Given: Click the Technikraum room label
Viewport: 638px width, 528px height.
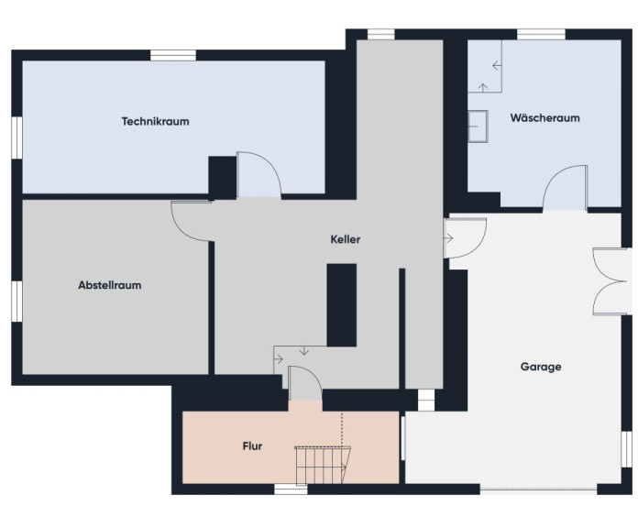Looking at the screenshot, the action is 156,121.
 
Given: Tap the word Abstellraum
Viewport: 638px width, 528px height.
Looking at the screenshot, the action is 110,285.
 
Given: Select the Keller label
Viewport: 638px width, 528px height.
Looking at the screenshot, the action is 345,239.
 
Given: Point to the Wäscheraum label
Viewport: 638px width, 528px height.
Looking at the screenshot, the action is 544,118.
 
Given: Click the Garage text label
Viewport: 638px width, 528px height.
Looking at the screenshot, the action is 541,367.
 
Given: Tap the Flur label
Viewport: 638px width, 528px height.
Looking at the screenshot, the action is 252,446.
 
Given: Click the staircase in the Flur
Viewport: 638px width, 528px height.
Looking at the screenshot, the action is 323,466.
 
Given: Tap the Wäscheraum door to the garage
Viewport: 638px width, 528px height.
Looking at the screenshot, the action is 565,188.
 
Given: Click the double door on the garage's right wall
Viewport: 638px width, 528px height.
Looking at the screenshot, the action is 609,281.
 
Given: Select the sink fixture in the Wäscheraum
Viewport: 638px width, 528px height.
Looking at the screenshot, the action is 478,126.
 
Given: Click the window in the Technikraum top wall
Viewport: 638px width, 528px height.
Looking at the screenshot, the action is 173,55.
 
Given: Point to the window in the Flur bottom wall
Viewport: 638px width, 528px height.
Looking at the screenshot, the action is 291,489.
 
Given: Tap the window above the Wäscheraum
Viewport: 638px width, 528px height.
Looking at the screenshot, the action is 541,34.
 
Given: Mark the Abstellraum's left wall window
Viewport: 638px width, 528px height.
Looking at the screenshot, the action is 16,302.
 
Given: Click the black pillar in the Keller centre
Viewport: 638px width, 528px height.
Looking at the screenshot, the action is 342,305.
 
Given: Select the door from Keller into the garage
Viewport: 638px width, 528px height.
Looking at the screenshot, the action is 465,238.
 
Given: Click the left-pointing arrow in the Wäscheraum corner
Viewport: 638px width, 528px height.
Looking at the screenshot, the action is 497,65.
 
